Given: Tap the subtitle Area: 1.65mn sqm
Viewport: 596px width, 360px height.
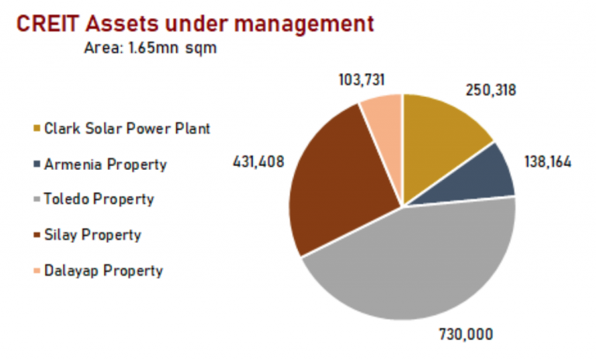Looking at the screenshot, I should [x=149, y=47].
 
